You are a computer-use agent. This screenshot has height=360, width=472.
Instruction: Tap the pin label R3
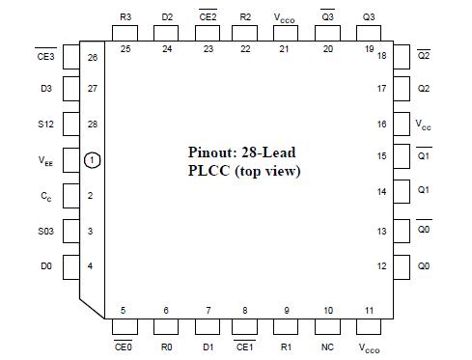tap(125, 17)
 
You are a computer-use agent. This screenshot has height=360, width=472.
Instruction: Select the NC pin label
tap(328, 346)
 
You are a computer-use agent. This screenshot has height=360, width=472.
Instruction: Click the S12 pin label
tap(46, 125)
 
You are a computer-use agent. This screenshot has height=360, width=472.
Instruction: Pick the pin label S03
tap(46, 232)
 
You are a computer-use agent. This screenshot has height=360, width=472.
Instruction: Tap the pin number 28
tap(92, 125)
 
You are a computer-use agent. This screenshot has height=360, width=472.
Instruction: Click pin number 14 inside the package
tap(381, 193)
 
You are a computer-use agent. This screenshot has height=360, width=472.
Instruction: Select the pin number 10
tap(328, 310)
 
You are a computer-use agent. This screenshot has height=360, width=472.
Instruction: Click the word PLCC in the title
tap(208, 172)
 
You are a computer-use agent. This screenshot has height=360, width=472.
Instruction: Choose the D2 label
tap(167, 17)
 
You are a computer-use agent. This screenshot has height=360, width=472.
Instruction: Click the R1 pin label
tap(287, 346)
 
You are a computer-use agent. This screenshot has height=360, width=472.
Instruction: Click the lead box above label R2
tap(245, 35)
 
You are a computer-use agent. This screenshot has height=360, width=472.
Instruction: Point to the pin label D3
tap(46, 90)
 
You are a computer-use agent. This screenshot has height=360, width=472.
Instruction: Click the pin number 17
tap(381, 90)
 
